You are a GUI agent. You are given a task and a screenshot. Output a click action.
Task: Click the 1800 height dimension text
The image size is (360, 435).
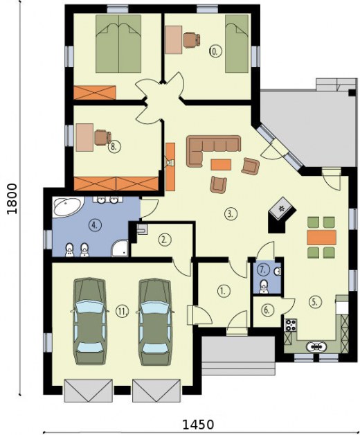pos(12,199)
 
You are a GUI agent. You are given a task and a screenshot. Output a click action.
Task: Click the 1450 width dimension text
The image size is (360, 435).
pos(198,425)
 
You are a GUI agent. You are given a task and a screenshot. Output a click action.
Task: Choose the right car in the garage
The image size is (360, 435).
pos(154,322)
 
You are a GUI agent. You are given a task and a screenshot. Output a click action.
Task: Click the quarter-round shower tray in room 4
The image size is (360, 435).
pos(119,249)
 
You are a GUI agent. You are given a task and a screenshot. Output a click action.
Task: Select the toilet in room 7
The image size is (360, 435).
pos(264,287)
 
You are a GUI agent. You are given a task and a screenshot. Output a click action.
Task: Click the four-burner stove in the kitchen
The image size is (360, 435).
pos(291,325)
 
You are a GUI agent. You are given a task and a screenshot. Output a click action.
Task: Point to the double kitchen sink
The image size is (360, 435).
pos(316,346)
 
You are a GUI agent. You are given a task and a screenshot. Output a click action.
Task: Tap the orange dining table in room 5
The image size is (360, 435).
pos(321,238)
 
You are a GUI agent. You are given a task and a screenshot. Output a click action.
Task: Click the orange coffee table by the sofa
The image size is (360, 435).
pos(221,164)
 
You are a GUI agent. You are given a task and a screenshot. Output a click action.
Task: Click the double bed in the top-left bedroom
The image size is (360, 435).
pos(118,44)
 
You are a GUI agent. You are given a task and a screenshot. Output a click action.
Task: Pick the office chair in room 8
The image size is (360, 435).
pos(102,137)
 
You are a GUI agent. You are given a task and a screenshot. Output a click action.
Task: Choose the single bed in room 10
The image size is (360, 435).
pos(237,44)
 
